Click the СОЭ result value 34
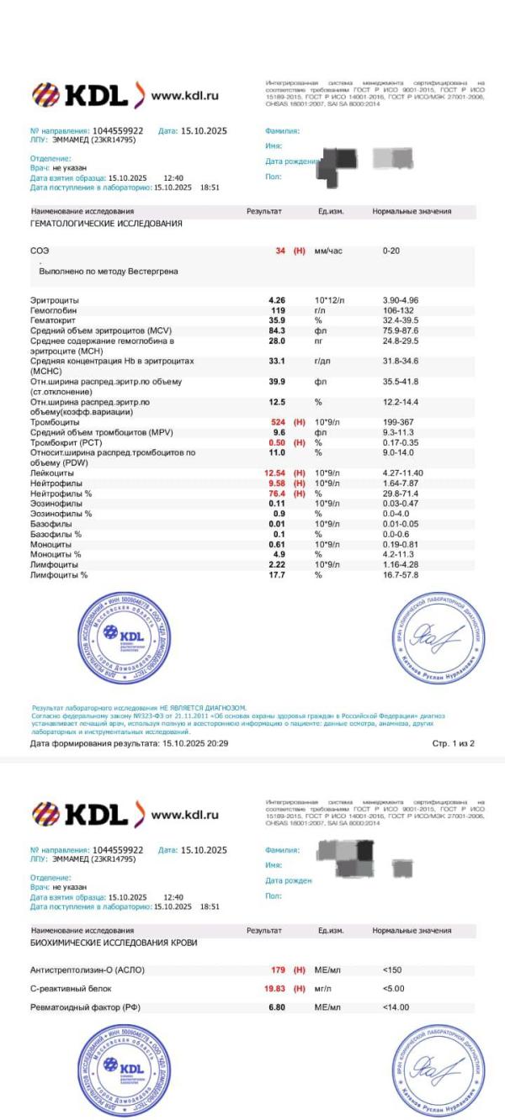pyautogui.click(x=280, y=251)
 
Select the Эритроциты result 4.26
pyautogui.click(x=276, y=300)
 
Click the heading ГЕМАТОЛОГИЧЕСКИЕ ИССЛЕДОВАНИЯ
pyautogui.click(x=106, y=225)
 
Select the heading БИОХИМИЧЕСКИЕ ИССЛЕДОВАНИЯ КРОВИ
pyautogui.click(x=114, y=943)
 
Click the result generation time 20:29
pyautogui.click(x=218, y=743)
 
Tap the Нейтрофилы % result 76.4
pyautogui.click(x=276, y=494)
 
